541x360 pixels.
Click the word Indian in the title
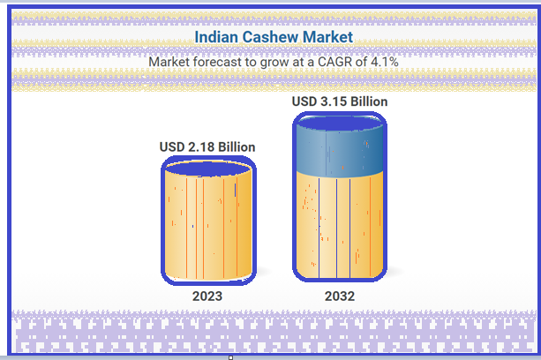point(216,37)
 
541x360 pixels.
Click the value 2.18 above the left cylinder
point(201,147)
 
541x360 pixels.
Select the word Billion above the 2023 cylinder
point(237,147)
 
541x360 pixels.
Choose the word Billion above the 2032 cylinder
point(369,101)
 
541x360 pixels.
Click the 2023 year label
point(207,296)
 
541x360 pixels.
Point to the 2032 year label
point(340,296)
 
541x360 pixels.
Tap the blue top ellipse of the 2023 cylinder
point(208,169)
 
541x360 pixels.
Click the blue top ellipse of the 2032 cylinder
point(340,124)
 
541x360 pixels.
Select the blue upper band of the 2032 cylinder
point(340,152)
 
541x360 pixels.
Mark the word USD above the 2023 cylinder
point(172,147)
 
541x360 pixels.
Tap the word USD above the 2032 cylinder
point(304,101)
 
